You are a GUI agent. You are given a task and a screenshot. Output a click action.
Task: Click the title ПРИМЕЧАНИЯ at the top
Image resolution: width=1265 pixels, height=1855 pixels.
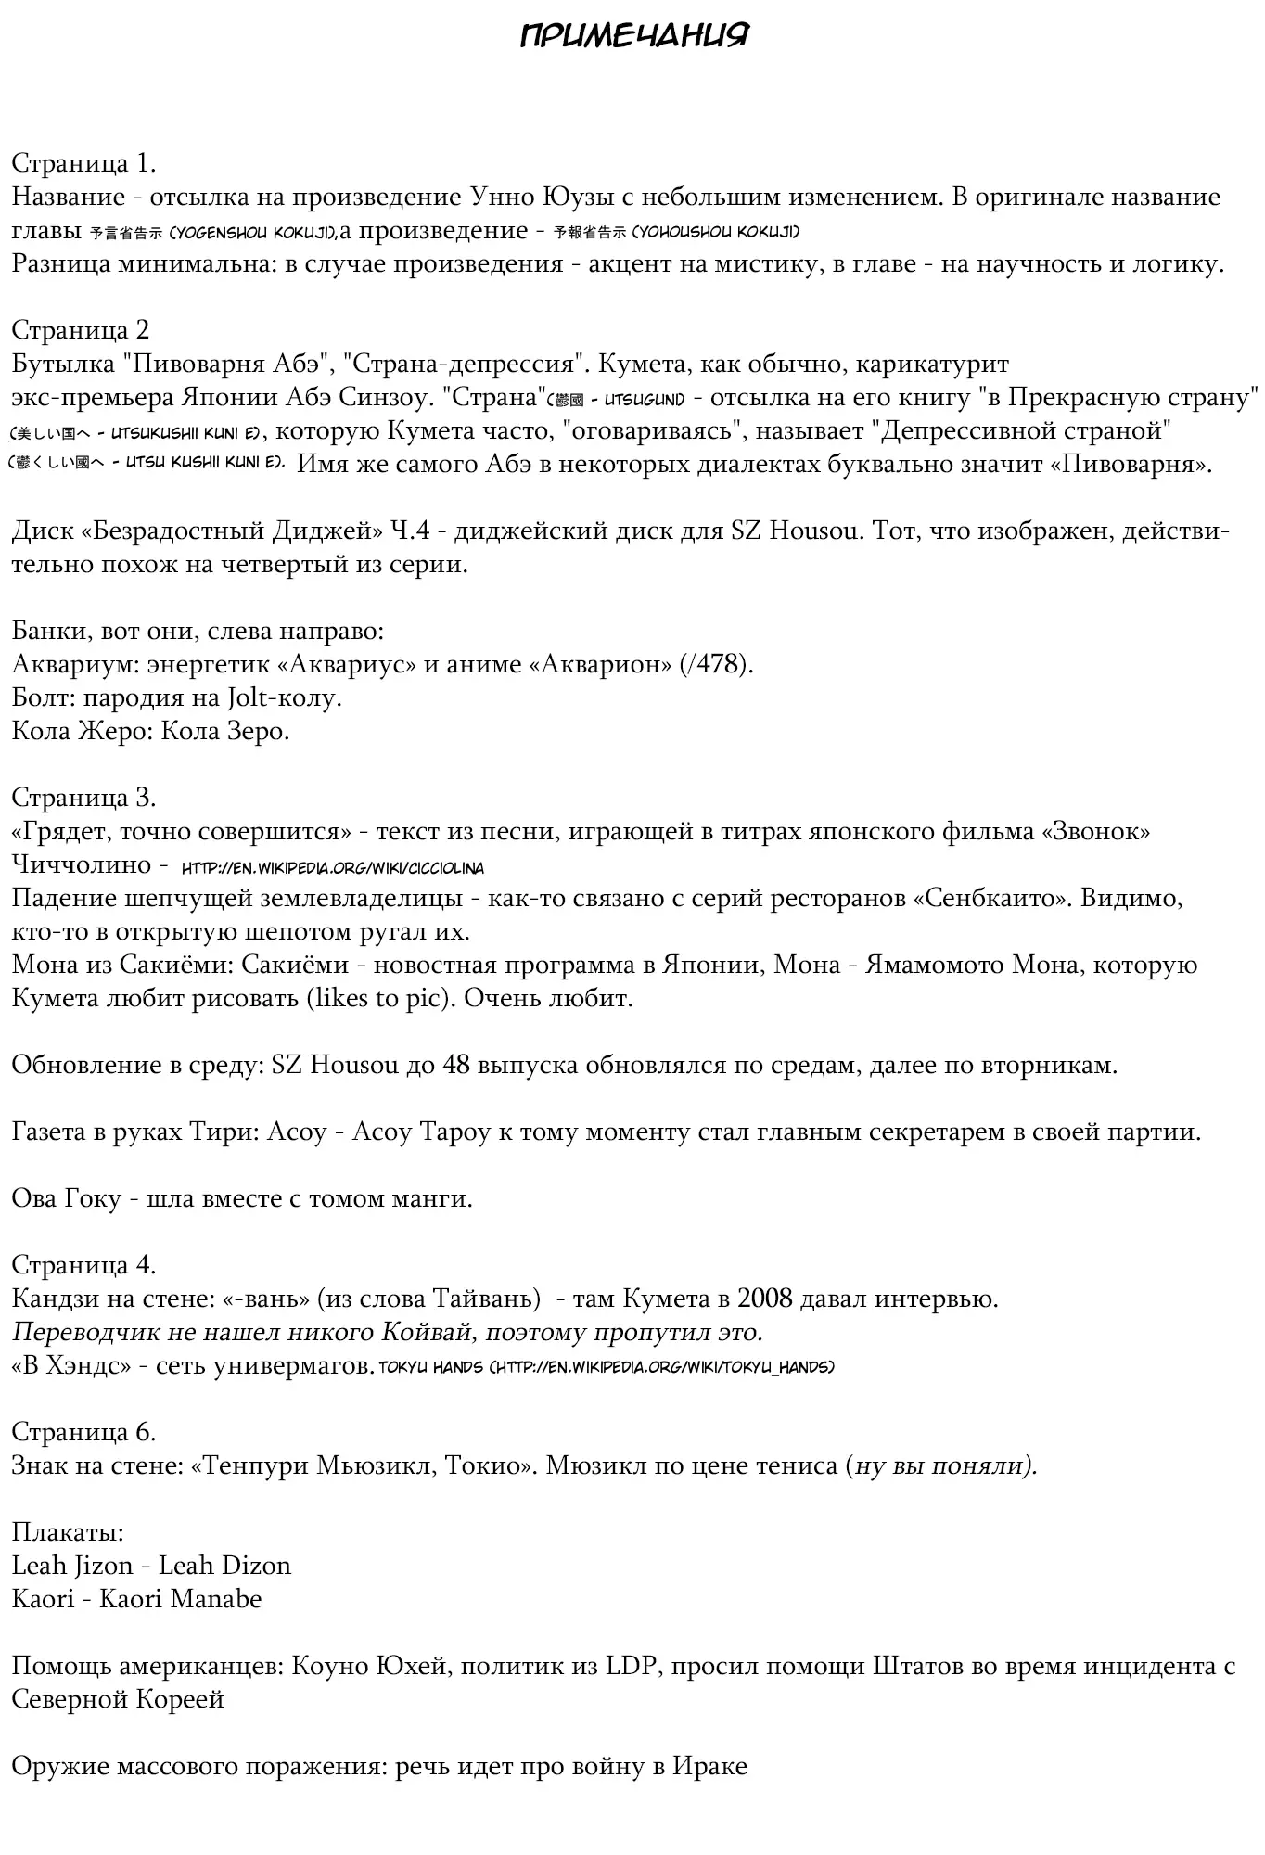(x=633, y=36)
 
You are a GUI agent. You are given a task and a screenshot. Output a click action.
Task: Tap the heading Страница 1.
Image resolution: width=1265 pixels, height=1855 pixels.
(x=83, y=163)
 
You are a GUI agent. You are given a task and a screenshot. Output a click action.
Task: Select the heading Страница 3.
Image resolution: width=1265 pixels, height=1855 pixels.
(x=83, y=798)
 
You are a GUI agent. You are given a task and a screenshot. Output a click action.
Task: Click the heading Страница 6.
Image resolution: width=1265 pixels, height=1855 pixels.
(x=83, y=1432)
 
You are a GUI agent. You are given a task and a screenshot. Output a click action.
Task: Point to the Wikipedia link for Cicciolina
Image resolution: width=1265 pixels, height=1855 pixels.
(x=332, y=868)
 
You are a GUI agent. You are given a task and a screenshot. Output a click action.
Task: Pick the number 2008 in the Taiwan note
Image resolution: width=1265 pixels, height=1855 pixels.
(x=766, y=1298)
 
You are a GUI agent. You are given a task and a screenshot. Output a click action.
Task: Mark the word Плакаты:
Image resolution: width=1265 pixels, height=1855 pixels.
(x=68, y=1532)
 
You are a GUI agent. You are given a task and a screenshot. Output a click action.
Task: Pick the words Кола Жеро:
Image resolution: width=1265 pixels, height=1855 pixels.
(x=82, y=731)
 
